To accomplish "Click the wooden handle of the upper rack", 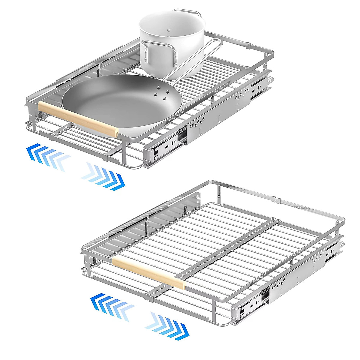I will [x=79, y=118].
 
